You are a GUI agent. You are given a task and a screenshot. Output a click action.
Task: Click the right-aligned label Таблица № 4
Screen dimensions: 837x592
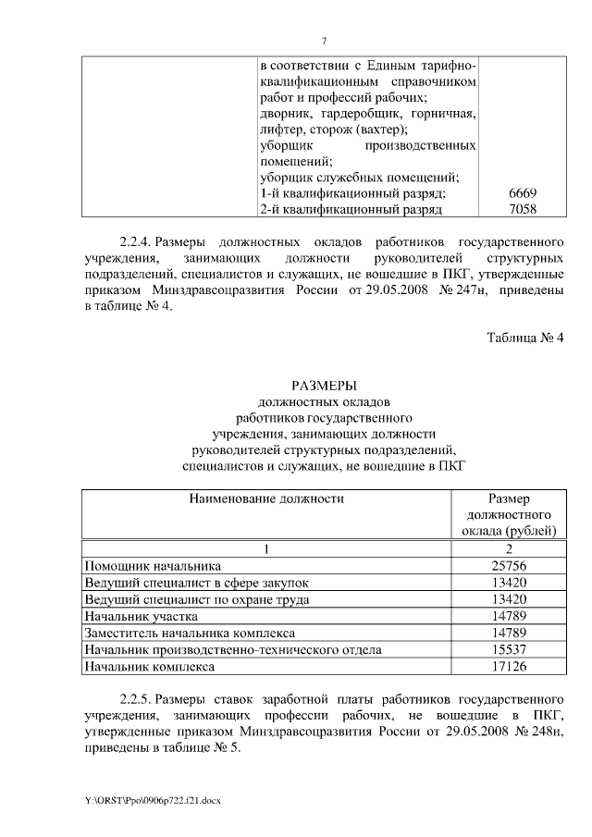tap(524, 362)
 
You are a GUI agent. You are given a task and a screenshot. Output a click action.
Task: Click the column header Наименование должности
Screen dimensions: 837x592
tap(266, 499)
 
